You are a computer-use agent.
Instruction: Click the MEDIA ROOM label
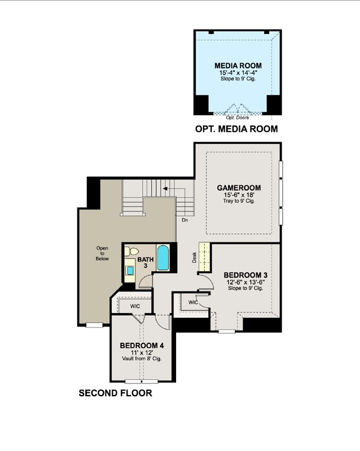(238, 65)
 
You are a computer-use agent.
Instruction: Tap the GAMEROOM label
(239, 188)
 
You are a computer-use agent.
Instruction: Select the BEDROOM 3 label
(245, 275)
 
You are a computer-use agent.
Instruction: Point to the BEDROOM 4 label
(142, 346)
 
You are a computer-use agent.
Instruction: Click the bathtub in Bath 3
(163, 258)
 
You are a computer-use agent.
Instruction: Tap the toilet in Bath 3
(131, 251)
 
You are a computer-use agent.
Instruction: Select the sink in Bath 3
(130, 271)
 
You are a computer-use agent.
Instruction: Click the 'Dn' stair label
(185, 220)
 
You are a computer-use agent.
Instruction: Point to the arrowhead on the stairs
(165, 189)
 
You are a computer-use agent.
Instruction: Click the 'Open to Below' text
(102, 253)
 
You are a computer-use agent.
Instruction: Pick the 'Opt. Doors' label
(238, 117)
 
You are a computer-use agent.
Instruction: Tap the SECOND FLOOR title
(115, 393)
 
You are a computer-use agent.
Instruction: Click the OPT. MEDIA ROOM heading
(236, 129)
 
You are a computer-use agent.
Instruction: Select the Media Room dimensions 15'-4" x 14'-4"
(238, 73)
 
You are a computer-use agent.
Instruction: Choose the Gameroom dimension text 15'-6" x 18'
(239, 195)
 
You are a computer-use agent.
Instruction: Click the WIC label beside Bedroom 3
(193, 302)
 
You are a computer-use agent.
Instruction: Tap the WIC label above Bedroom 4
(135, 306)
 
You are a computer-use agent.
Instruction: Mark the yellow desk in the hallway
(204, 257)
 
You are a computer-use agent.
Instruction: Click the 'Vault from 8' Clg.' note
(142, 359)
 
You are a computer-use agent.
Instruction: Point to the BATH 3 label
(146, 262)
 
